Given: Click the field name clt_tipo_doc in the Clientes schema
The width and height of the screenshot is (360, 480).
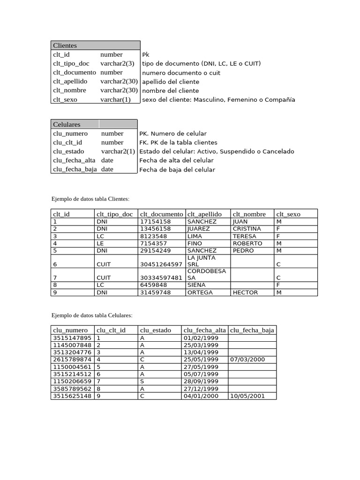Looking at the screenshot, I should coord(71,63).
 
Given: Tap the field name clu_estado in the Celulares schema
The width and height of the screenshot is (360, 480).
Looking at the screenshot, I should coord(68,151).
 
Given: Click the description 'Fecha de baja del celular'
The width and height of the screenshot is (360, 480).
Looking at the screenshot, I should coord(177,170).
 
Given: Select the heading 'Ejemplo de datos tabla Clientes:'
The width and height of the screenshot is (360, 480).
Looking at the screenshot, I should coord(90,199).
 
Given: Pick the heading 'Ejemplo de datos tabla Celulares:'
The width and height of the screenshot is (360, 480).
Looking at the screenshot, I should coord(92,315).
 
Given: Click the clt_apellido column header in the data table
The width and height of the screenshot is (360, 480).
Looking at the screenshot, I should coord(204,214).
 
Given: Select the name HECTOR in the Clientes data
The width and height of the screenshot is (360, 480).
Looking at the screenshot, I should coord(245,292).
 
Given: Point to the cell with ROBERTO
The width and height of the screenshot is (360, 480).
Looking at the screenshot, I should coord(247,243).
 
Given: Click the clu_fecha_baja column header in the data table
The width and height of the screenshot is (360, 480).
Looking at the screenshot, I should coord(252,330).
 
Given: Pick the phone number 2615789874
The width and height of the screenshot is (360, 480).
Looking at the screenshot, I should coord(72,360).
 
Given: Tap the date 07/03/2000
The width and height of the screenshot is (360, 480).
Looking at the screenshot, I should coord(248,360).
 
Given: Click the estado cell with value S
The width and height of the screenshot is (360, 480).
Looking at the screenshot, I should coord(142,381).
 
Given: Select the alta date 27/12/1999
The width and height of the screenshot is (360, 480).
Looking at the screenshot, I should coord(201,389).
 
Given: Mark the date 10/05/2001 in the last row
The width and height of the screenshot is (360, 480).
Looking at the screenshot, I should coord(247,396).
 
